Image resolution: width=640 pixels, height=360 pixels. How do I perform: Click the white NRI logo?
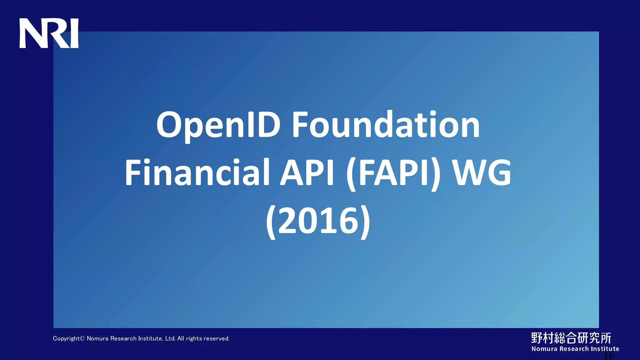click(x=49, y=33)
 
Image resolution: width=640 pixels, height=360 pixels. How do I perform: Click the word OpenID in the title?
click(x=218, y=125)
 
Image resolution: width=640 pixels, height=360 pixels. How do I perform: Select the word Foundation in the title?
click(x=386, y=125)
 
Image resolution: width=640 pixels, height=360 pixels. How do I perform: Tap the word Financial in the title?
click(x=197, y=173)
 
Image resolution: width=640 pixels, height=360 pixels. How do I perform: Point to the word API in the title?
click(x=307, y=173)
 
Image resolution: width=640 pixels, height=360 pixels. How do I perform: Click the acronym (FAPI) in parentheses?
click(x=394, y=173)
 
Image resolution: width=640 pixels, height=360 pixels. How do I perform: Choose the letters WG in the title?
click(x=482, y=173)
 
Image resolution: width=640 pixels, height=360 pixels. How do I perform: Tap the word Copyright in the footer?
click(x=66, y=339)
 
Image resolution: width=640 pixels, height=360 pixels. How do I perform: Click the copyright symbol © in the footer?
click(x=82, y=338)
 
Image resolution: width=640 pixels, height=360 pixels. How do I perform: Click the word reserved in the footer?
click(x=217, y=338)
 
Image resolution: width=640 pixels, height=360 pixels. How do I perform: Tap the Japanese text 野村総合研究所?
click(x=571, y=338)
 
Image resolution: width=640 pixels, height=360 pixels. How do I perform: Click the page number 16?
click(x=608, y=356)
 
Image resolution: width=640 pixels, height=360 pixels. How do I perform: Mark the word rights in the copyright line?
click(x=194, y=339)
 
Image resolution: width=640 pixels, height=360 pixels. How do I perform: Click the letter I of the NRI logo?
click(x=75, y=33)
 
